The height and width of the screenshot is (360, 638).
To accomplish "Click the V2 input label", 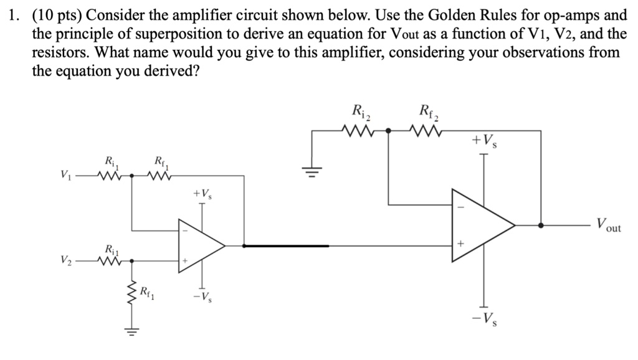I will coord(66,261).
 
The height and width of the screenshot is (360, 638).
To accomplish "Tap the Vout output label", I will coord(608,225).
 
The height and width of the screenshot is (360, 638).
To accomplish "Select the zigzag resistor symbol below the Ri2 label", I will coord(358,131).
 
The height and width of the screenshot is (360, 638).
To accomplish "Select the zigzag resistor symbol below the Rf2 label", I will coord(426,131).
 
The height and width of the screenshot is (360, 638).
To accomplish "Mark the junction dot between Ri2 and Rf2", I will coord(389,131).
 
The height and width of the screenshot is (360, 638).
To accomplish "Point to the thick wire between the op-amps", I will coord(285,246).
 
